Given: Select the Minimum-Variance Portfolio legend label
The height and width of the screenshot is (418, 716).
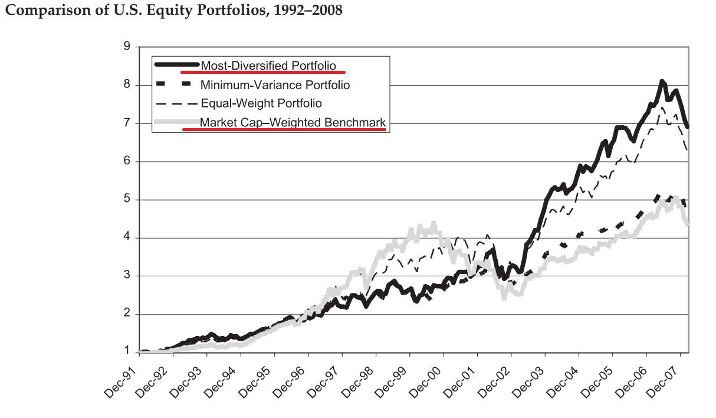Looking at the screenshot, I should pos(275,85).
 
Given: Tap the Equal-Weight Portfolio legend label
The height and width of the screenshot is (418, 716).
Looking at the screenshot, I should pos(261,103).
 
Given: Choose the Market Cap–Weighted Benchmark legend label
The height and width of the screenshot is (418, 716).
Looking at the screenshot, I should pos(293,123).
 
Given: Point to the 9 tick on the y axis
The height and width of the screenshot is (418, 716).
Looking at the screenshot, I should pos(127,47).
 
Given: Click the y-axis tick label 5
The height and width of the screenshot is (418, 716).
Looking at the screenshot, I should pos(127,200).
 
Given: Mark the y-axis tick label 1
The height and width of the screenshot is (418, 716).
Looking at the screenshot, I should pos(127,352).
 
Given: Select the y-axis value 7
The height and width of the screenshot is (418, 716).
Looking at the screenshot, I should pos(127,123).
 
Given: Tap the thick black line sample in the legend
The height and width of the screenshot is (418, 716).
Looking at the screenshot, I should pos(176,64).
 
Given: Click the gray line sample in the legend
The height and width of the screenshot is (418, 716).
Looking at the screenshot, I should pos(176,123).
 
